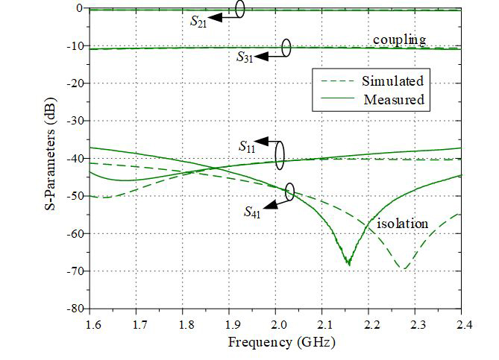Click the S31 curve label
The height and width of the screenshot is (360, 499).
(x=245, y=56)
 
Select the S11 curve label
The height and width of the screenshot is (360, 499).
(x=247, y=145)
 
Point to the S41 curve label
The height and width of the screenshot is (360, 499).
(x=253, y=212)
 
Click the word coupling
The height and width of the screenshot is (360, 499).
(x=399, y=40)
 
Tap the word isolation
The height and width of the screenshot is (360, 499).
(x=401, y=223)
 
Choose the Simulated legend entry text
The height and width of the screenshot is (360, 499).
(x=394, y=80)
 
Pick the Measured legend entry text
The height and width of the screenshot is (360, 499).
(x=394, y=99)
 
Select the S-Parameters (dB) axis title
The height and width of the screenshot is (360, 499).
(x=48, y=157)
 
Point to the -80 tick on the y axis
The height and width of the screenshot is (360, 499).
(x=72, y=308)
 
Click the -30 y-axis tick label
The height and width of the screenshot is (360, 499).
(x=72, y=121)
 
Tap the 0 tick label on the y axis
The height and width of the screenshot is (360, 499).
(x=78, y=8)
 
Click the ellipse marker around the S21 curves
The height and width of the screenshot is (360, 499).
(x=239, y=9)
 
